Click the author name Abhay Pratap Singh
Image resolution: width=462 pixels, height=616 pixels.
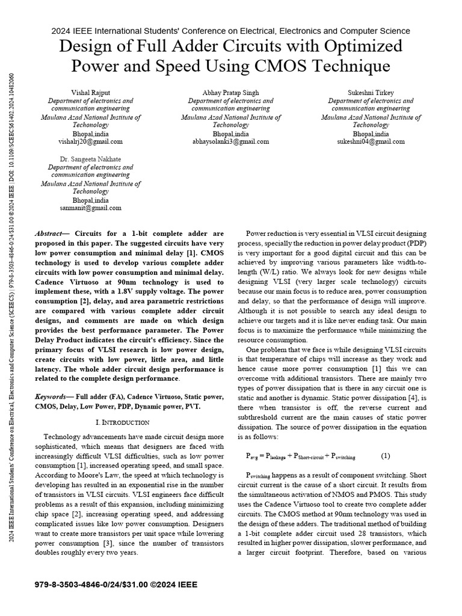tap(230, 93)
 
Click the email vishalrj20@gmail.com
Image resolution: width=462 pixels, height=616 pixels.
tap(91, 142)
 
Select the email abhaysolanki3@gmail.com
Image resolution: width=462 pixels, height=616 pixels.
tap(230, 142)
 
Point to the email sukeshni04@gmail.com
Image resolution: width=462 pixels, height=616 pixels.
tap(371, 142)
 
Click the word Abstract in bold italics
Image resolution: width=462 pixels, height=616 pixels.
tap(53, 233)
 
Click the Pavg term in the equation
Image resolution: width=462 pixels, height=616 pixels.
tap(253, 456)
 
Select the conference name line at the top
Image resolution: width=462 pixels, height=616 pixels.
tap(230, 30)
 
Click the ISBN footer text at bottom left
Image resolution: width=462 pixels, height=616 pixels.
tap(116, 585)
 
